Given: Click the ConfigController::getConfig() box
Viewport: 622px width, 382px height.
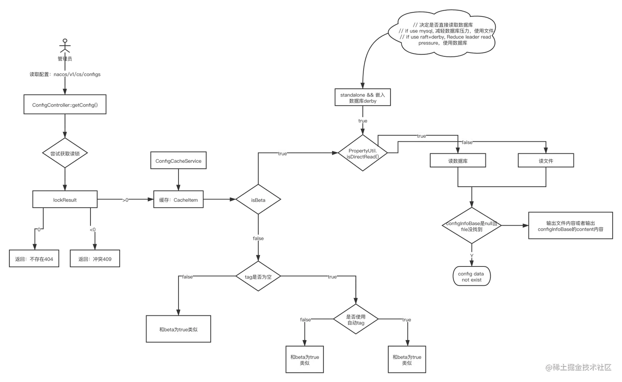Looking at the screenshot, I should [x=65, y=105].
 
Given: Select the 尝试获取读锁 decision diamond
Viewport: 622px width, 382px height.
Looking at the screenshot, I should [x=65, y=153].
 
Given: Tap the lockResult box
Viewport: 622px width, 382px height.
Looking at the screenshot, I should [x=65, y=200].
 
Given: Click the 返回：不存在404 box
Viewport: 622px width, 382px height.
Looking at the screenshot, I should [x=34, y=259].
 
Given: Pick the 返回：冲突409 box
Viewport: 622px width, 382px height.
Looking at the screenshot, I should [x=95, y=259].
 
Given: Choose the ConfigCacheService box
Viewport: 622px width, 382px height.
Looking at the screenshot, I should [x=178, y=161].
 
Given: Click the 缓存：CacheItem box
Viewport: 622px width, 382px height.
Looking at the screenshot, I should [x=178, y=200].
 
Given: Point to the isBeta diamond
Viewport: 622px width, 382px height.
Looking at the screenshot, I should [x=258, y=200].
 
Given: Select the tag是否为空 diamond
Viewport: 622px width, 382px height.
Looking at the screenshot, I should [x=258, y=277].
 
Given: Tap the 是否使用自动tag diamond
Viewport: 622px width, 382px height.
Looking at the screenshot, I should [x=355, y=319].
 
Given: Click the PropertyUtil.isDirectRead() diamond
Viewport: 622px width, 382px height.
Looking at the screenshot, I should [x=362, y=153].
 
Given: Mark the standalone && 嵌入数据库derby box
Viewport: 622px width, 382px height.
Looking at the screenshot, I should [x=362, y=98].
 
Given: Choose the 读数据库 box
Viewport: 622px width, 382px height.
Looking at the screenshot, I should [x=457, y=161].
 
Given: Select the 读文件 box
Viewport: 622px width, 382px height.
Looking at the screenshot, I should [x=545, y=161].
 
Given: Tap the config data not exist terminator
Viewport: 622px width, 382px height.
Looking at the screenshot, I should [x=471, y=277].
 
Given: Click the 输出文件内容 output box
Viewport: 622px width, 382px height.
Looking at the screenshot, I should [x=570, y=226].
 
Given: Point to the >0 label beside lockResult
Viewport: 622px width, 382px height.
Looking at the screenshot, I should [x=125, y=200].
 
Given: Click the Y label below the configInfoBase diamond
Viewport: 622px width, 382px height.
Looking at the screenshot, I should [x=471, y=256].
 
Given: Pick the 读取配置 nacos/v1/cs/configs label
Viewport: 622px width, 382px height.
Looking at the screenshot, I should [x=65, y=74].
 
